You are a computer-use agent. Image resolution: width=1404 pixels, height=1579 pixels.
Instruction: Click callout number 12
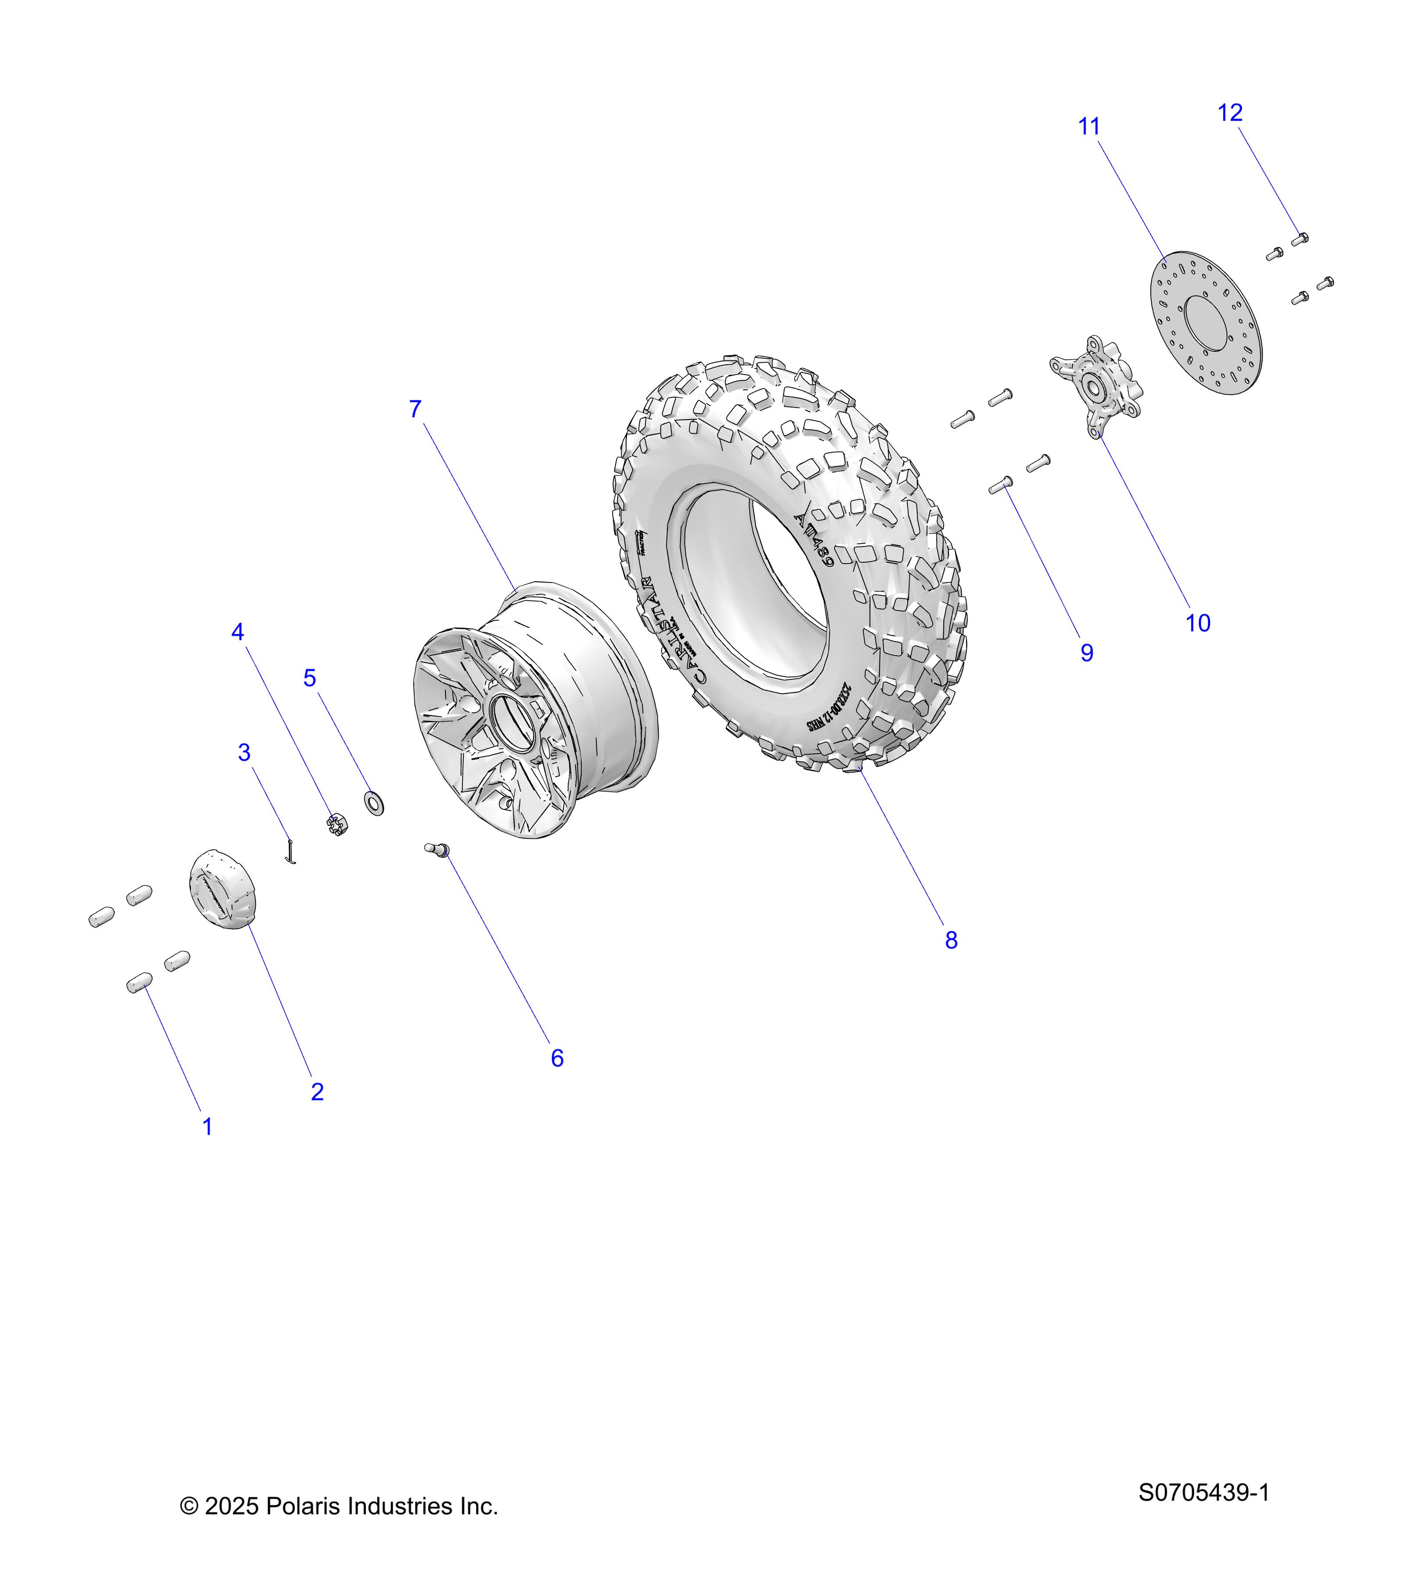click(x=1229, y=113)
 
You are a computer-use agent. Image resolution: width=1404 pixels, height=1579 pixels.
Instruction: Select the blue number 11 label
click(x=1089, y=127)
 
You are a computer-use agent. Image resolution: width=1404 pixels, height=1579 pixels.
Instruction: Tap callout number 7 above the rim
click(x=415, y=409)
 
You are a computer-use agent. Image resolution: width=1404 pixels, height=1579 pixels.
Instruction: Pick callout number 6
click(x=556, y=1058)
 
